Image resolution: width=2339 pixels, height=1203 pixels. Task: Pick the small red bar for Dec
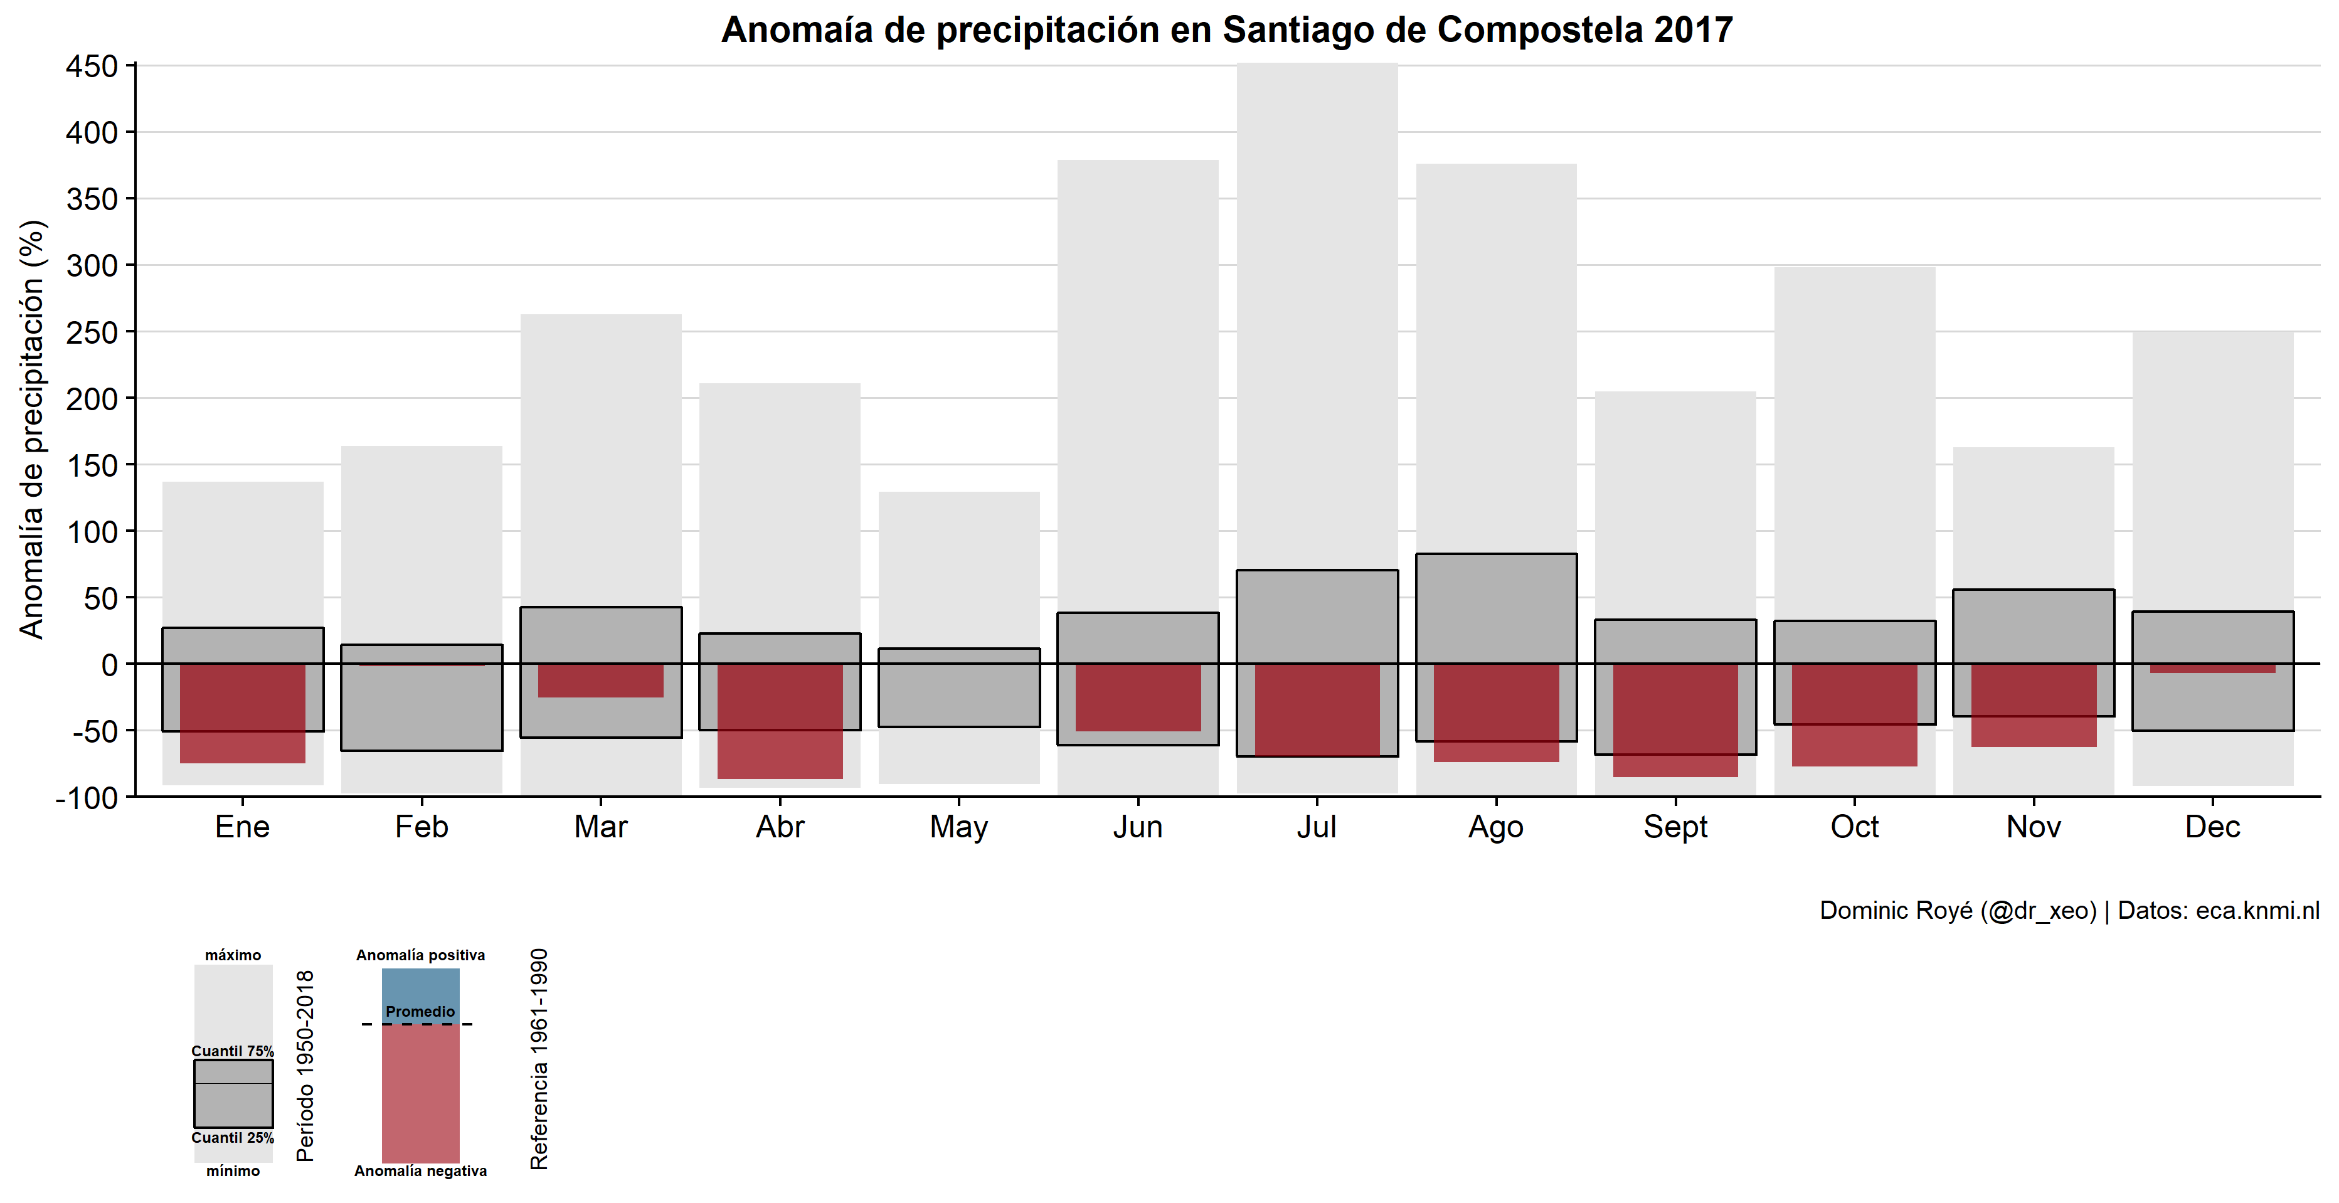(x=2213, y=668)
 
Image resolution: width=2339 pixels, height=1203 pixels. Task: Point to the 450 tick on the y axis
(x=92, y=66)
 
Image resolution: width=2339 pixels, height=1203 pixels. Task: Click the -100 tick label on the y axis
(x=87, y=798)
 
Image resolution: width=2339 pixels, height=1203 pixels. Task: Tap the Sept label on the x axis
(x=1675, y=827)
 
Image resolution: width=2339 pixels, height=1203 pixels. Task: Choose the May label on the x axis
(x=959, y=827)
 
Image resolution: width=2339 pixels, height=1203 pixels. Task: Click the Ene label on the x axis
(x=243, y=827)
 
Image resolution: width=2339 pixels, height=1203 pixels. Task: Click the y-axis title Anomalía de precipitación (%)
(x=32, y=430)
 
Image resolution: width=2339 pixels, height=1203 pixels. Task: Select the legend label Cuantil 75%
(x=233, y=1051)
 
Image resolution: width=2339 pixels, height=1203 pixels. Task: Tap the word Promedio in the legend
(x=420, y=1012)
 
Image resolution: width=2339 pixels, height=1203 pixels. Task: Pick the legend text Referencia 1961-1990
(x=539, y=1059)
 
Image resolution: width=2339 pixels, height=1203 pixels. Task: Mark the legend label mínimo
(x=233, y=1171)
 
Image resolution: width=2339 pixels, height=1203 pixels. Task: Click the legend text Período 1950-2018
(x=306, y=1066)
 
